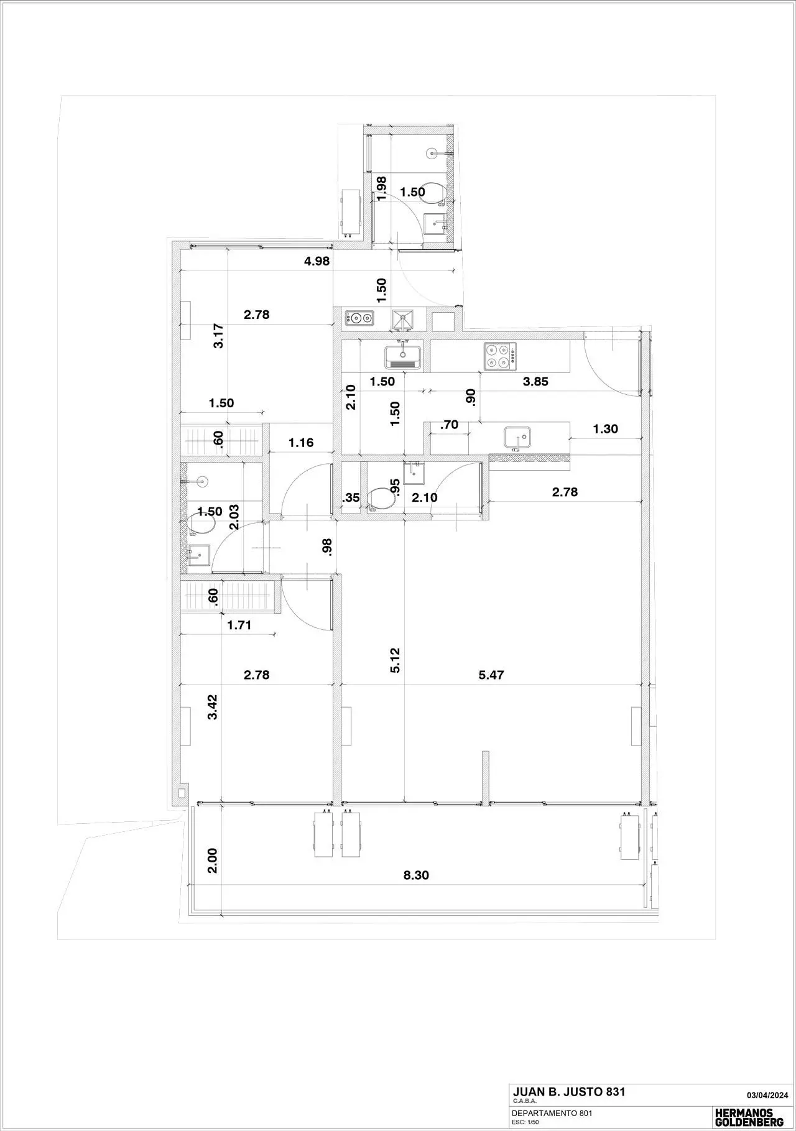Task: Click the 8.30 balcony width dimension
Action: tap(416, 875)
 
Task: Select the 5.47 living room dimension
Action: tap(491, 675)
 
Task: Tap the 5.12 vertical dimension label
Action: tap(396, 660)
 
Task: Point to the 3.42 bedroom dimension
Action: tap(213, 707)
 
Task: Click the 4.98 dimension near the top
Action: tap(317, 261)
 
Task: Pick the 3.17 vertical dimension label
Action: tap(218, 336)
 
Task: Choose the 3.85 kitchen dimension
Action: tap(535, 382)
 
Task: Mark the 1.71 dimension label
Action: tap(239, 626)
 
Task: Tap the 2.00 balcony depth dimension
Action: tap(213, 861)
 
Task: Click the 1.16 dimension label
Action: tap(301, 443)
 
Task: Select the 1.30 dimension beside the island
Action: tap(606, 428)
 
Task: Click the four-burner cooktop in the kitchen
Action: tap(501, 357)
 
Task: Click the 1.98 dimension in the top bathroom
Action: tap(382, 187)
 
